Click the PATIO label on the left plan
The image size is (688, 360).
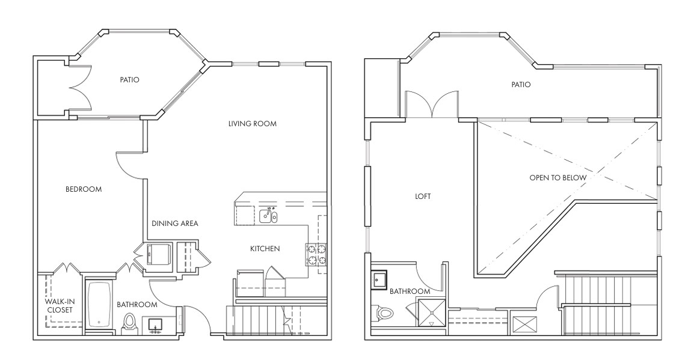(129, 80)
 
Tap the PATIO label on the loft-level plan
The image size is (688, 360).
(521, 85)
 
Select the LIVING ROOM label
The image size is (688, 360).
(253, 124)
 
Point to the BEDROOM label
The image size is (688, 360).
(84, 189)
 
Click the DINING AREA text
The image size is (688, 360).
(174, 224)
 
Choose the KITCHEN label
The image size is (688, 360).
(265, 249)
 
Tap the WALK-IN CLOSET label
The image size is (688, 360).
(59, 306)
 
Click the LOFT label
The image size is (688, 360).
(423, 197)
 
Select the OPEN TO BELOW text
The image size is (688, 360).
(557, 178)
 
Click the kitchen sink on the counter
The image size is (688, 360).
(268, 216)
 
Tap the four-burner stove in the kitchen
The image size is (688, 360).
(316, 255)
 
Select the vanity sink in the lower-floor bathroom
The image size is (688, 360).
(155, 325)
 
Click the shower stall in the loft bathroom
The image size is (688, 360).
(431, 313)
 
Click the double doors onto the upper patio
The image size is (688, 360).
(432, 105)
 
